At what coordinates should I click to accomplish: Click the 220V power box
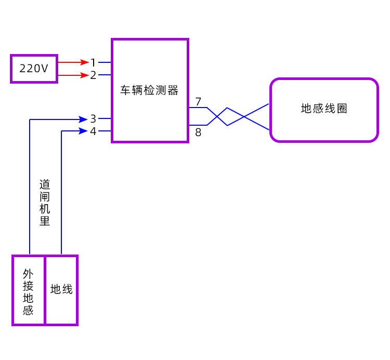pos(34,68)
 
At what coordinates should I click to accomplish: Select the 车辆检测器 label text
pos(150,90)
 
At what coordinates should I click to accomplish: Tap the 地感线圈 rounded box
pos(323,110)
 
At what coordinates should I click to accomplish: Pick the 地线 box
pos(61,290)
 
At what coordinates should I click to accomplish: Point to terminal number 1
pos(93,62)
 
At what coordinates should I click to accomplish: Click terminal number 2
pos(93,75)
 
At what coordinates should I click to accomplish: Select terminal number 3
pos(93,119)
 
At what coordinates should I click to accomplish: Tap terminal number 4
pos(93,131)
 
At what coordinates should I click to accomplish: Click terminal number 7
pos(198,101)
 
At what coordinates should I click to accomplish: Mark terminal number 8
pos(198,132)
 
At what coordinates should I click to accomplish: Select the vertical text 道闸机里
pos(45,203)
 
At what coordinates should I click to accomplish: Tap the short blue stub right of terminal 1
pos(105,62)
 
